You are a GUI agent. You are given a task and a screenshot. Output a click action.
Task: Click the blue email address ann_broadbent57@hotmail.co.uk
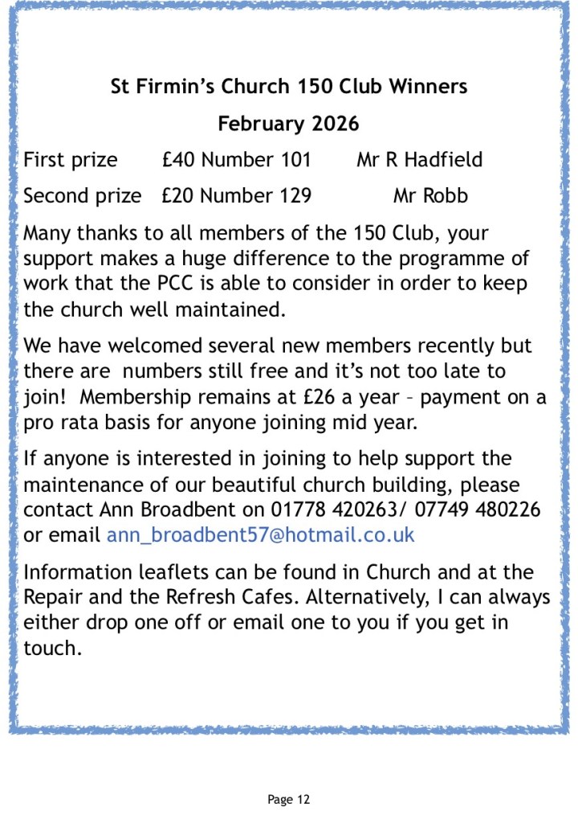pyautogui.click(x=260, y=534)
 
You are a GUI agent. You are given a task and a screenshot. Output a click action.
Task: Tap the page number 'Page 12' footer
pyautogui.click(x=288, y=799)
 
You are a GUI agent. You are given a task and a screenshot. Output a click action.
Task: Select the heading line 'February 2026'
pyautogui.click(x=288, y=124)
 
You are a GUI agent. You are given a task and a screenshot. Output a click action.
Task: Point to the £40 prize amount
pyautogui.click(x=178, y=160)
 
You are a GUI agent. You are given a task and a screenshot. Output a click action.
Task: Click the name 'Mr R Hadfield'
pyautogui.click(x=420, y=160)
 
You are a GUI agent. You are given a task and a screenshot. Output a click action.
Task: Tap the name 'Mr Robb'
pyautogui.click(x=430, y=195)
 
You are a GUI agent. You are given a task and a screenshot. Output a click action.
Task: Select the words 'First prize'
pyautogui.click(x=71, y=160)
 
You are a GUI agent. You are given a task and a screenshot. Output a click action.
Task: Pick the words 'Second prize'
pyautogui.click(x=82, y=195)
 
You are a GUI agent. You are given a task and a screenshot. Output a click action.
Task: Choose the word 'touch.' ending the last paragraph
pyautogui.click(x=53, y=648)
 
